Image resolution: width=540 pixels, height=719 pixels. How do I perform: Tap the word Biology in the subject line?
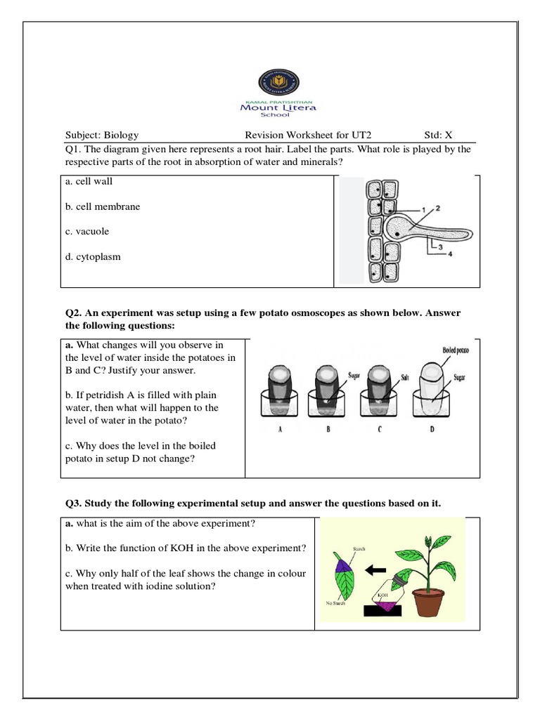pos(121,135)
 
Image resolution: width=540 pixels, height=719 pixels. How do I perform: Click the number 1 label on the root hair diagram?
pos(424,209)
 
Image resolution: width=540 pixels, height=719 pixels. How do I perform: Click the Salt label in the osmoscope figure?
pos(405,378)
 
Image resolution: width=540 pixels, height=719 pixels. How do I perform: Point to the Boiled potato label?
pos(456,350)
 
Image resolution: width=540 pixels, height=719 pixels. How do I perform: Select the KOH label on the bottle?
pos(382,595)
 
